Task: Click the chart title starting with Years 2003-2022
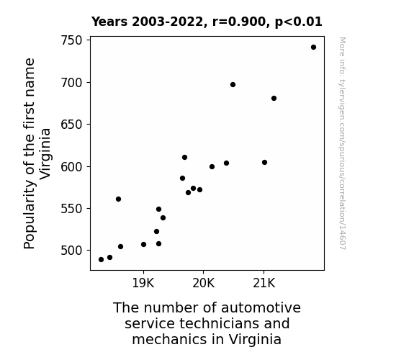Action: [x=207, y=22]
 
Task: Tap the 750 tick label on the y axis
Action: [x=71, y=40]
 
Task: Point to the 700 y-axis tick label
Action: [x=71, y=83]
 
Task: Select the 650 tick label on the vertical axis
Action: [x=71, y=125]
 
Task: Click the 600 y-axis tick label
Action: [x=71, y=166]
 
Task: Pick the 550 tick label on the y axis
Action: [x=71, y=209]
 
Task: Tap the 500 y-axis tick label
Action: [x=71, y=251]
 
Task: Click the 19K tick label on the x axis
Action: [x=143, y=283]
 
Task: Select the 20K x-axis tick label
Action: [x=203, y=283]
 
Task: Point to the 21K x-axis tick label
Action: [x=264, y=283]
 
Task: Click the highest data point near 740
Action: [x=313, y=48]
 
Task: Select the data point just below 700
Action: [x=233, y=84]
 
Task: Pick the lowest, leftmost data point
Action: [x=101, y=260]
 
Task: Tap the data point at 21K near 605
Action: [x=264, y=163]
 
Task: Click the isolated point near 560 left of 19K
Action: [x=118, y=199]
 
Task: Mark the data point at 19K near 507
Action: [x=143, y=244]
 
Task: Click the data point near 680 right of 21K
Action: [x=274, y=98]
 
